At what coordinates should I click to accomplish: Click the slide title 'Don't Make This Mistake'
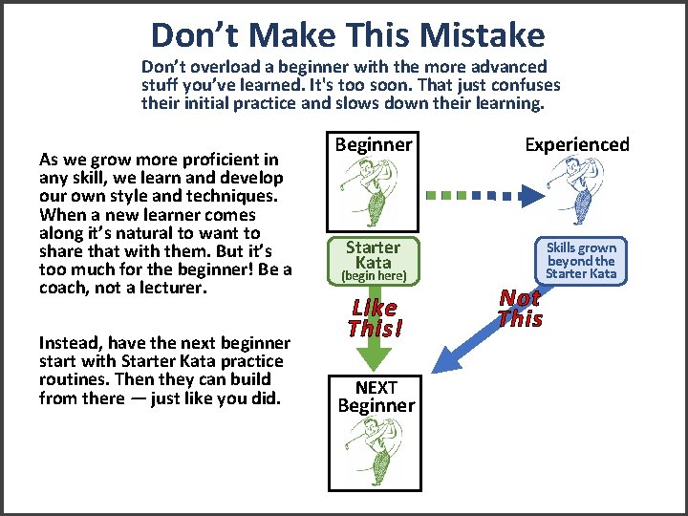(348, 35)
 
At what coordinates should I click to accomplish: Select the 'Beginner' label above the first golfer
(373, 144)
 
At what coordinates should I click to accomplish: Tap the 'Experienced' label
(577, 144)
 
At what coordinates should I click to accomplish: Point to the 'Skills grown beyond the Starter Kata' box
(581, 260)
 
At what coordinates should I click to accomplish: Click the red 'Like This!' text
(375, 318)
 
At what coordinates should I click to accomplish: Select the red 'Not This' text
(520, 309)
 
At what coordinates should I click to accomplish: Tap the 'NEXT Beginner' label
(376, 396)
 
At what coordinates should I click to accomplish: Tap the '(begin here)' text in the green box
(375, 276)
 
